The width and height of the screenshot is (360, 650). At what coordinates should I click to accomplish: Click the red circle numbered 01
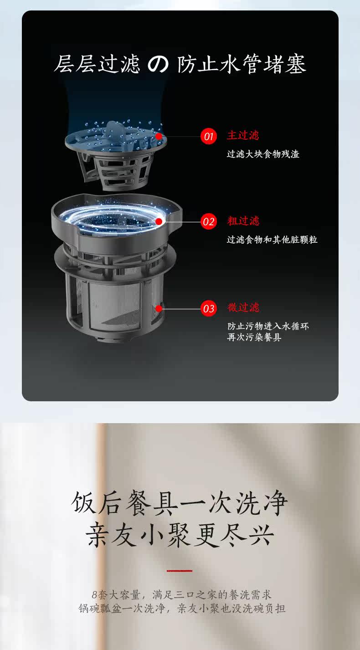[208, 136]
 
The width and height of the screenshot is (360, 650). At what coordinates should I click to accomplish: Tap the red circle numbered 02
[208, 221]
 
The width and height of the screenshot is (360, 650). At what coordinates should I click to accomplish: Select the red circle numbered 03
[208, 308]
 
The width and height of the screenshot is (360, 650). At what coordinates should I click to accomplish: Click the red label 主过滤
[243, 135]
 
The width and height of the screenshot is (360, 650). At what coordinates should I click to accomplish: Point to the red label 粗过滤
[243, 221]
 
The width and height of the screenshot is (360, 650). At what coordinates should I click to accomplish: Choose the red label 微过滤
[243, 307]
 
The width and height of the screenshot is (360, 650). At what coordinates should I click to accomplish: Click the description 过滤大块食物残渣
[263, 154]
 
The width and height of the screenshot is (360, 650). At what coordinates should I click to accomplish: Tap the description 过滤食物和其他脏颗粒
[272, 240]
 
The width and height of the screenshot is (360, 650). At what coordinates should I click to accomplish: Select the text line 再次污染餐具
[254, 337]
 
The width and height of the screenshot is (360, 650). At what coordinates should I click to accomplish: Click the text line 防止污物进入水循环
[268, 326]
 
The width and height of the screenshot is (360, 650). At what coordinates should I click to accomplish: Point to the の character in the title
[158, 64]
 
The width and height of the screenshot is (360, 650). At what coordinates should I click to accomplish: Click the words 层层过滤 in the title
[97, 64]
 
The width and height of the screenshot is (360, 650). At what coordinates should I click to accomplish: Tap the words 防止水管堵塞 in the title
[242, 64]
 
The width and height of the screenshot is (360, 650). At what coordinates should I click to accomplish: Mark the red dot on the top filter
[159, 136]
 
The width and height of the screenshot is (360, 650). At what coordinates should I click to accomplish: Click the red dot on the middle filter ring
[159, 221]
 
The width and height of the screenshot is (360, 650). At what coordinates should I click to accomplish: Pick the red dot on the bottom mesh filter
[159, 308]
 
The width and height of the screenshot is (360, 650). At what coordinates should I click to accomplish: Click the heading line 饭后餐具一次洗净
[180, 504]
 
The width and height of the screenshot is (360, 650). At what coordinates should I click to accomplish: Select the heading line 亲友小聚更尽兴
[180, 535]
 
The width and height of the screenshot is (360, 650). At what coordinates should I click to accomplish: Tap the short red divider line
[180, 570]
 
